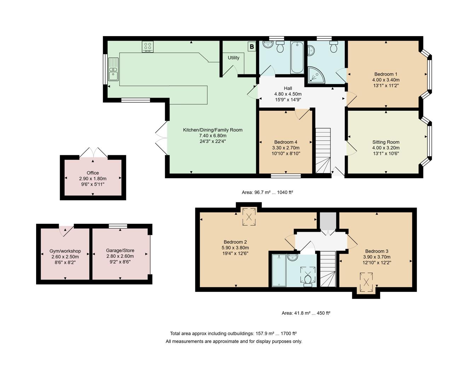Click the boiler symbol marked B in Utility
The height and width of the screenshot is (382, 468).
point(252,46)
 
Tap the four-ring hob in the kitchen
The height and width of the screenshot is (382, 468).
point(148,47)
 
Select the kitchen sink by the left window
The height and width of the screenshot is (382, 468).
point(114,69)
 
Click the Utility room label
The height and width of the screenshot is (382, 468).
point(233,58)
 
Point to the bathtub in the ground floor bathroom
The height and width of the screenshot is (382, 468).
point(297,57)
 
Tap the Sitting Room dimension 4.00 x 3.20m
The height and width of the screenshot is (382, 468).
point(386,148)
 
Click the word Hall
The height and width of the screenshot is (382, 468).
point(288,88)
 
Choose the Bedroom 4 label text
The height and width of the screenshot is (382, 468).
point(285,142)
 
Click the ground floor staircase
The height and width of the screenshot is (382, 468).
point(323,150)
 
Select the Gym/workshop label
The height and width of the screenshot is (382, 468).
point(65,251)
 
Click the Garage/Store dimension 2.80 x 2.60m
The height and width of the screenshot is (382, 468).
point(120,256)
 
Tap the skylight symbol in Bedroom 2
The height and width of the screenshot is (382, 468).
point(249,216)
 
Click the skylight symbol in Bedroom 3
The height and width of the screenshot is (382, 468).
point(366,282)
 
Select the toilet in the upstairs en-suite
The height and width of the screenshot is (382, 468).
point(307,280)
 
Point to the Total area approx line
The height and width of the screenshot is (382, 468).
point(233,333)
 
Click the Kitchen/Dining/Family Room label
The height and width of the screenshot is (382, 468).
point(213,130)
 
